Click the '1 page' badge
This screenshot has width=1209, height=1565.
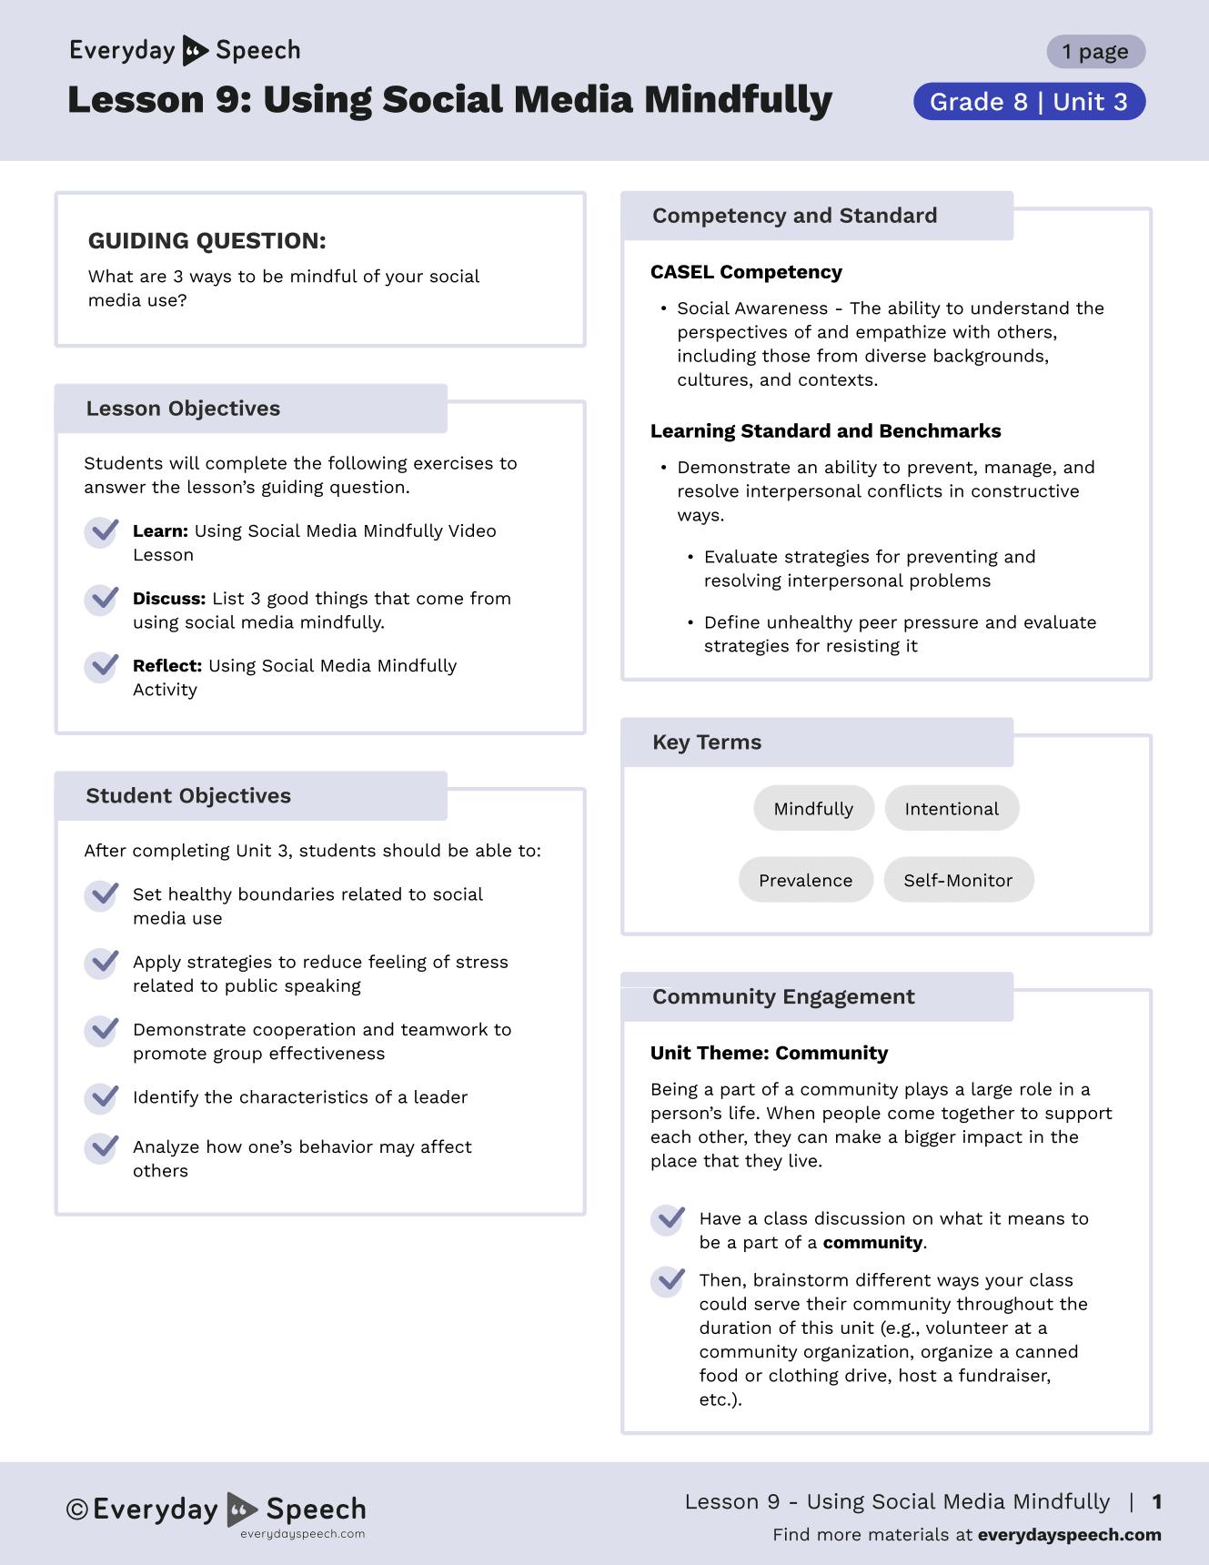pyautogui.click(x=1095, y=52)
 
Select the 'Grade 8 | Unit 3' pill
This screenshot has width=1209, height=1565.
pyautogui.click(x=1029, y=102)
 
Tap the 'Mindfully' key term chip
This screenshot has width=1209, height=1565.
pyautogui.click(x=813, y=809)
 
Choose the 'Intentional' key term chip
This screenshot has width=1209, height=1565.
pyautogui.click(x=952, y=809)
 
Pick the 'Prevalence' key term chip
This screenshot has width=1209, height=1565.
pyautogui.click(x=805, y=880)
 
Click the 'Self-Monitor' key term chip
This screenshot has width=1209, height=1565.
pyautogui.click(x=958, y=880)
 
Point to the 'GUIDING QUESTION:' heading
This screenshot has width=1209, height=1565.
pyautogui.click(x=207, y=241)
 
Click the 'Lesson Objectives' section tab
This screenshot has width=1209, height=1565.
pyautogui.click(x=183, y=409)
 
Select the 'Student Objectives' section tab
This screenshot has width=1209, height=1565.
pyautogui.click(x=188, y=796)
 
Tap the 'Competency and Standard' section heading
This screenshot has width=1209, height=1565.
pyautogui.click(x=794, y=216)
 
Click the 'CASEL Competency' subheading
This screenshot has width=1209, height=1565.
pyautogui.click(x=746, y=272)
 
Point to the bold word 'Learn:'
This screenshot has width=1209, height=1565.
pyautogui.click(x=160, y=531)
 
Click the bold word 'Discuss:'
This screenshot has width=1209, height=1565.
pyautogui.click(x=169, y=599)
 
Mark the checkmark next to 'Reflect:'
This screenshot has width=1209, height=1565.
pyautogui.click(x=102, y=666)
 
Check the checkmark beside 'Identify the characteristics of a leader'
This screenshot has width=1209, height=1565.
pyautogui.click(x=102, y=1097)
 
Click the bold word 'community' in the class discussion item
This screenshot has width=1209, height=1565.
pyautogui.click(x=872, y=1243)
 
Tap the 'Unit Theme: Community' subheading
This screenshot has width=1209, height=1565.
pyautogui.click(x=769, y=1053)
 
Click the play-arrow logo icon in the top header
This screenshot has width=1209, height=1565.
pyautogui.click(x=195, y=51)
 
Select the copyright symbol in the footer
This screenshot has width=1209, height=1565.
pyautogui.click(x=77, y=1509)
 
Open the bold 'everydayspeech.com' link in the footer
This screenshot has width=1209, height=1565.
pyautogui.click(x=1069, y=1535)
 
